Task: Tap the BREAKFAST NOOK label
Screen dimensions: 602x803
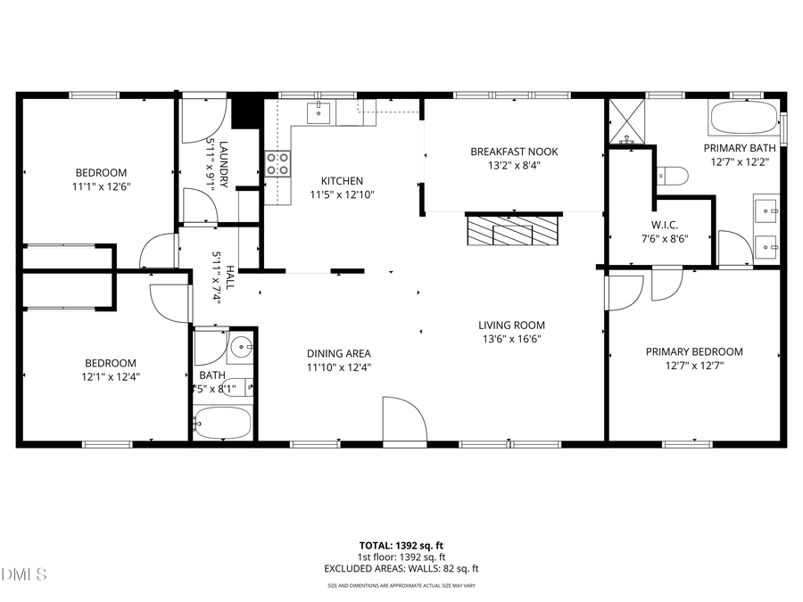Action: pos(513,152)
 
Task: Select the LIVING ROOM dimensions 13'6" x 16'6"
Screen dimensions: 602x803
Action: pos(510,339)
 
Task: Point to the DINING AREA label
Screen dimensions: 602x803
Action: pos(338,353)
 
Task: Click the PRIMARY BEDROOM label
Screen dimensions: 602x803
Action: pos(693,351)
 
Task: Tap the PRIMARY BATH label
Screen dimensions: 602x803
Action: pos(739,148)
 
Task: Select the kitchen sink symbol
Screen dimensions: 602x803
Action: pos(319,112)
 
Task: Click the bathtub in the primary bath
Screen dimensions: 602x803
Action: pos(743,117)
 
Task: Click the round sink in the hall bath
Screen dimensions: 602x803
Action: pos(241,347)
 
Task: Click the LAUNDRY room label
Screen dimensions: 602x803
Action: pos(224,164)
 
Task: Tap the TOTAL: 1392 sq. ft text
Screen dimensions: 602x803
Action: pos(401,544)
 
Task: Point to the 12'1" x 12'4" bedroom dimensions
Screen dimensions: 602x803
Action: pos(110,376)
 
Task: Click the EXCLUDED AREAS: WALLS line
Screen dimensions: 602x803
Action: pos(401,568)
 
